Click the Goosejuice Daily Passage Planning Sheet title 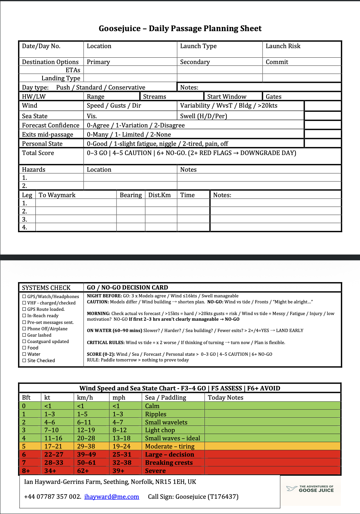[180, 29]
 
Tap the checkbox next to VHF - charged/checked [24, 303]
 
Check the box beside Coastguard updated [24, 342]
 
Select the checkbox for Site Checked [24, 361]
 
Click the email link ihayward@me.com [112, 497]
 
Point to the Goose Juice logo [310, 489]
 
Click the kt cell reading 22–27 [54, 455]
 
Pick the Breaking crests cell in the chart [169, 463]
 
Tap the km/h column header [85, 398]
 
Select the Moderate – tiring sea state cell [170, 446]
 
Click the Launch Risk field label [283, 46]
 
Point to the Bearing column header [131, 195]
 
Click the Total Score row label [38, 153]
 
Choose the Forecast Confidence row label [51, 125]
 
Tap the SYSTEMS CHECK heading [46, 288]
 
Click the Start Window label [227, 97]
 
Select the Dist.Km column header [159, 195]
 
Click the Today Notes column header [226, 398]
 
